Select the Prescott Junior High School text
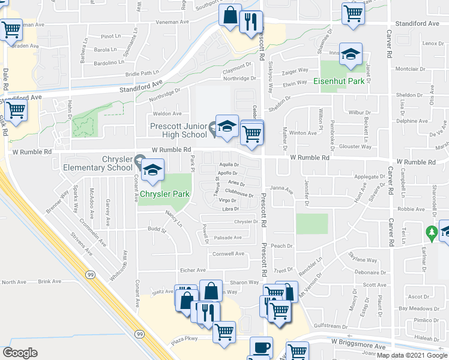(179, 130)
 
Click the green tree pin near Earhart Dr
(431, 231)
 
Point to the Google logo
(20, 352)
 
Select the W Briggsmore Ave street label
(360, 346)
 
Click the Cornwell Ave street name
(228, 254)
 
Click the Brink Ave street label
(50, 281)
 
